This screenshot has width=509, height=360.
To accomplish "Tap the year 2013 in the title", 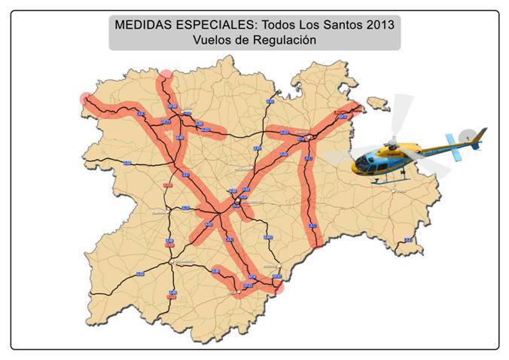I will point(378,23).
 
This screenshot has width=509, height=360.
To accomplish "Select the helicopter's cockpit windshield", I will point(367,160).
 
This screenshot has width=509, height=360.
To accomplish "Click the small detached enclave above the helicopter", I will point(373,102).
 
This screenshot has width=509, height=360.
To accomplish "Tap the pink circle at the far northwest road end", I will point(85,99).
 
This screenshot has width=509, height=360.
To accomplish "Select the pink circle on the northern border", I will point(166,74).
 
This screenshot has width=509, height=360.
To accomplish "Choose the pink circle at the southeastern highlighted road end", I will point(279,286).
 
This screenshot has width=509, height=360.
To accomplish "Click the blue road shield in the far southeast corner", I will point(407,240).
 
